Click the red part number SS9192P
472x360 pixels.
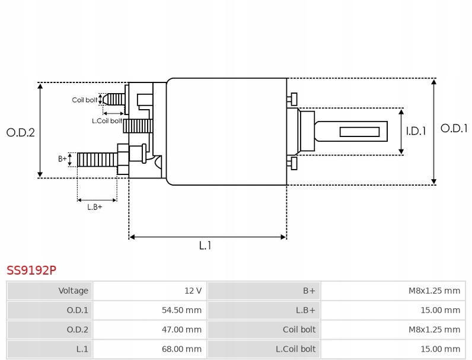(x=31, y=270)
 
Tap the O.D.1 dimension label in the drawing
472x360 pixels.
(x=454, y=128)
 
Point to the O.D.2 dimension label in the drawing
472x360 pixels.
(x=21, y=132)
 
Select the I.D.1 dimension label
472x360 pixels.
(x=416, y=131)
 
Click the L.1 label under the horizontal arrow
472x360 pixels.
(x=205, y=246)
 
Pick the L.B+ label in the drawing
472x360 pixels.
(x=95, y=207)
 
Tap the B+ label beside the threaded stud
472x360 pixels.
(x=62, y=158)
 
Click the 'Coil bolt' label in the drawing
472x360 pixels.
(x=85, y=100)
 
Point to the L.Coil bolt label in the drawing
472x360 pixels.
(x=107, y=120)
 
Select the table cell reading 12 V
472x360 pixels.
(x=193, y=291)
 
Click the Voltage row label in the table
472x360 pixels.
(x=73, y=291)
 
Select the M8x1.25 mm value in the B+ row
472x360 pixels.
(x=434, y=291)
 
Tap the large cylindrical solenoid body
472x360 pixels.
(x=227, y=131)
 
